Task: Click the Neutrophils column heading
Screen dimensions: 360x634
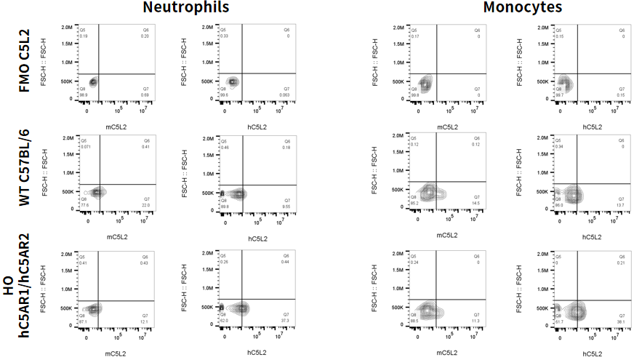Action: tap(186, 8)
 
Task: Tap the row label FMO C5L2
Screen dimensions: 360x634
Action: tap(25, 61)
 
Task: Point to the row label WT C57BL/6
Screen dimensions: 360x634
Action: tap(25, 169)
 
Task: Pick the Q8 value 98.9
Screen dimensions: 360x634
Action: tap(84, 95)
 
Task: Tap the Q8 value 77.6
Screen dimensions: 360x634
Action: tap(84, 205)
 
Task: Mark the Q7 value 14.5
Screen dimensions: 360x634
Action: tap(477, 204)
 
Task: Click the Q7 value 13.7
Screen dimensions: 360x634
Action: tap(621, 205)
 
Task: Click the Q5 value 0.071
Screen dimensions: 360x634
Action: tap(84, 147)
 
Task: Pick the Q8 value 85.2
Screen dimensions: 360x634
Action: tap(415, 204)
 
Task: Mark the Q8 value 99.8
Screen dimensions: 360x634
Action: tap(416, 95)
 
